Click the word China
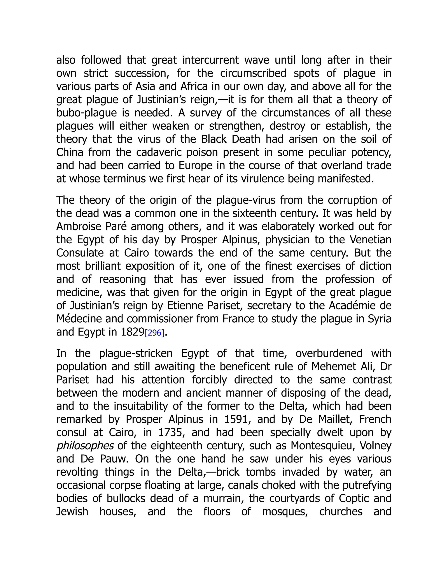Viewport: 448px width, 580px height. coord(70,152)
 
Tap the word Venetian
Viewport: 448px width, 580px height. coord(371,239)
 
